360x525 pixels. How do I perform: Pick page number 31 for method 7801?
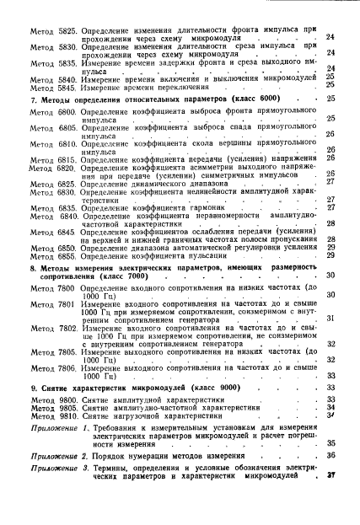tap(330, 318)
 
